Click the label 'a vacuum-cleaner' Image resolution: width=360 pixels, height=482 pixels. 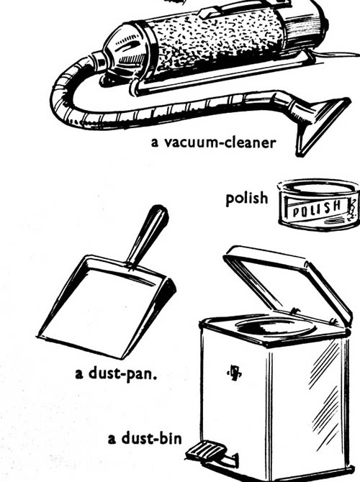213,142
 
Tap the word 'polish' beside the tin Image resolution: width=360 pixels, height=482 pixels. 247,199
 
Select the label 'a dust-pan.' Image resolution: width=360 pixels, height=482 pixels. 116,374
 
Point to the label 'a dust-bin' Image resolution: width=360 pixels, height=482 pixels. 145,439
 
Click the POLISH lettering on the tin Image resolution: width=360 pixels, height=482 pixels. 317,209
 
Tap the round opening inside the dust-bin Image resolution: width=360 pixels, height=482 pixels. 276,327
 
